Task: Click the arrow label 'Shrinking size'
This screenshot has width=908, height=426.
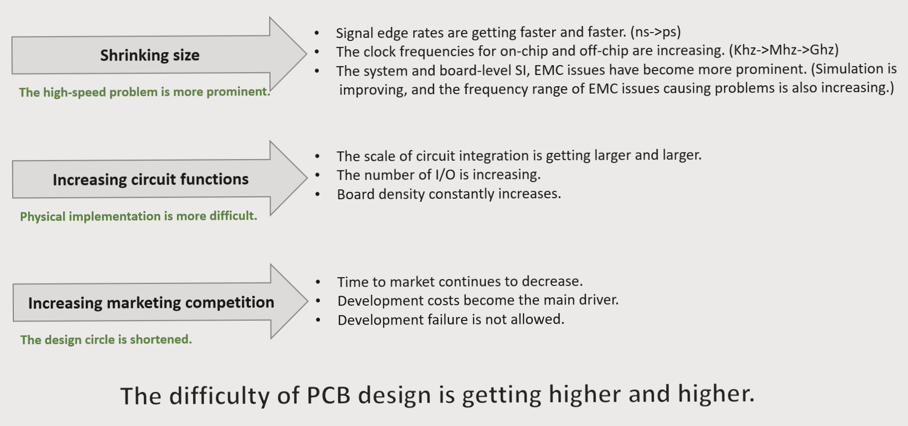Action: pyautogui.click(x=150, y=55)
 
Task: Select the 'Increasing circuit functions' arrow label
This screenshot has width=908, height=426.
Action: pyautogui.click(x=150, y=179)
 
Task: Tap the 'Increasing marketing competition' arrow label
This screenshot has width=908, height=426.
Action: pyautogui.click(x=151, y=303)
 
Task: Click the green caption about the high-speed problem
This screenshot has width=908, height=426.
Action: pyautogui.click(x=144, y=92)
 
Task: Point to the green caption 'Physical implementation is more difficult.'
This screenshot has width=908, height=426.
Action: pyautogui.click(x=139, y=216)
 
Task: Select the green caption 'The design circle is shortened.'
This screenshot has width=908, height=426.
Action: pyautogui.click(x=106, y=340)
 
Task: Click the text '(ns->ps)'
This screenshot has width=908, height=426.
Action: pyautogui.click(x=655, y=32)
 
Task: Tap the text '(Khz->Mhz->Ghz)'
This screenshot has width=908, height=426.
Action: pyautogui.click(x=784, y=50)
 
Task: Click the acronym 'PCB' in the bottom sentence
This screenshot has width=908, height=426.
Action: pyautogui.click(x=329, y=395)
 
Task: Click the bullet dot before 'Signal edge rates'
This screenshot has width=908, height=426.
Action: pyautogui.click(x=317, y=33)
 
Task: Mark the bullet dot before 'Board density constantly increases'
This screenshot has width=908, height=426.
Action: pyautogui.click(x=317, y=194)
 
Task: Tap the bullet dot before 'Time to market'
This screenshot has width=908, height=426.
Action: pyautogui.click(x=318, y=282)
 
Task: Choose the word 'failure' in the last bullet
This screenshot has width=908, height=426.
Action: pyautogui.click(x=448, y=320)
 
